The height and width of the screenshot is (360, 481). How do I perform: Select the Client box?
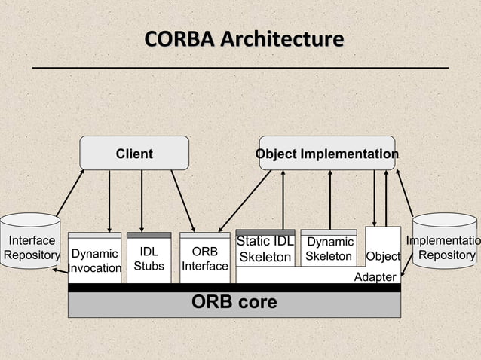[134, 154]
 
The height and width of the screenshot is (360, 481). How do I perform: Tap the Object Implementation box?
[326, 154]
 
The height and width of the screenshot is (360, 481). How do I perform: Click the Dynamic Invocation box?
[94, 261]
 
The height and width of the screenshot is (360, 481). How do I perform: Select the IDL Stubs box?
[149, 258]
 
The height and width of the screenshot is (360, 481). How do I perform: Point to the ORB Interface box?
[204, 258]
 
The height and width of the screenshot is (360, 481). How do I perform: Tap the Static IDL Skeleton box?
[265, 249]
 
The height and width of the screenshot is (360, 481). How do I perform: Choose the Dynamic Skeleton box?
[328, 249]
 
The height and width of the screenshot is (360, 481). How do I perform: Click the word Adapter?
[375, 277]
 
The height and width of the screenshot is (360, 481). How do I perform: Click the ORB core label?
[234, 303]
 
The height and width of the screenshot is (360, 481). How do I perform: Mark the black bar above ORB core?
[234, 288]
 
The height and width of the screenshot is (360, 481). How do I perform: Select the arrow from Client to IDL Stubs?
[142, 200]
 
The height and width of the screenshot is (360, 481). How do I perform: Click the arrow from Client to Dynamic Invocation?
[110, 200]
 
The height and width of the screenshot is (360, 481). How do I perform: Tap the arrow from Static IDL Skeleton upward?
[283, 200]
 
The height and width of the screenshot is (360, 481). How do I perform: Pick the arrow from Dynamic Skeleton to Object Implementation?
[330, 200]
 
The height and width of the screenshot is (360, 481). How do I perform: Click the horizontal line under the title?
[240, 68]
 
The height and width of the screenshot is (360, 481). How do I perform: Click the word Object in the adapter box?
[383, 257]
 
